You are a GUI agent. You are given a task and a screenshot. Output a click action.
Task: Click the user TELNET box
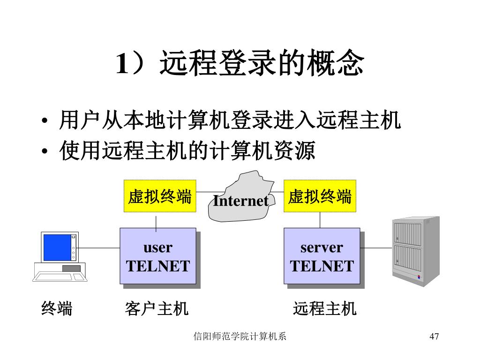pos(157,256)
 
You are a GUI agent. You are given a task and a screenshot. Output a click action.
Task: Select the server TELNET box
pos(322,256)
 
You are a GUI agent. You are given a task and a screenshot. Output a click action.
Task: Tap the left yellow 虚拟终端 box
pos(160,196)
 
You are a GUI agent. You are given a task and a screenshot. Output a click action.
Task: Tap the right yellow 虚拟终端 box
pos(320,196)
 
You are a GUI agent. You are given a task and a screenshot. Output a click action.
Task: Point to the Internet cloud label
pos(240,201)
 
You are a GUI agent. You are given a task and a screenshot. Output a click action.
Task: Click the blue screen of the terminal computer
pos(57,247)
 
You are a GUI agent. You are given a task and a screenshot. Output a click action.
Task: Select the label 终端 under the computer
pos(57,308)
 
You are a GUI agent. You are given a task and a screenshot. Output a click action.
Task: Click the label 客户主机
pos(157,308)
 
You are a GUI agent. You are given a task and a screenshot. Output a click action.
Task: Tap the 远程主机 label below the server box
pos(324,308)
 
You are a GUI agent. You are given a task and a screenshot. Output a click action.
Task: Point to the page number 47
pos(434,337)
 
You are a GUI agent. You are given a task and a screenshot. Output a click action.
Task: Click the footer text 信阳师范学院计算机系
pos(240,337)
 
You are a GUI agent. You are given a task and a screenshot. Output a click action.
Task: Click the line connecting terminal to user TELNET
pos(99,247)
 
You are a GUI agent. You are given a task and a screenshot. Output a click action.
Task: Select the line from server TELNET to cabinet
pos(375,247)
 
